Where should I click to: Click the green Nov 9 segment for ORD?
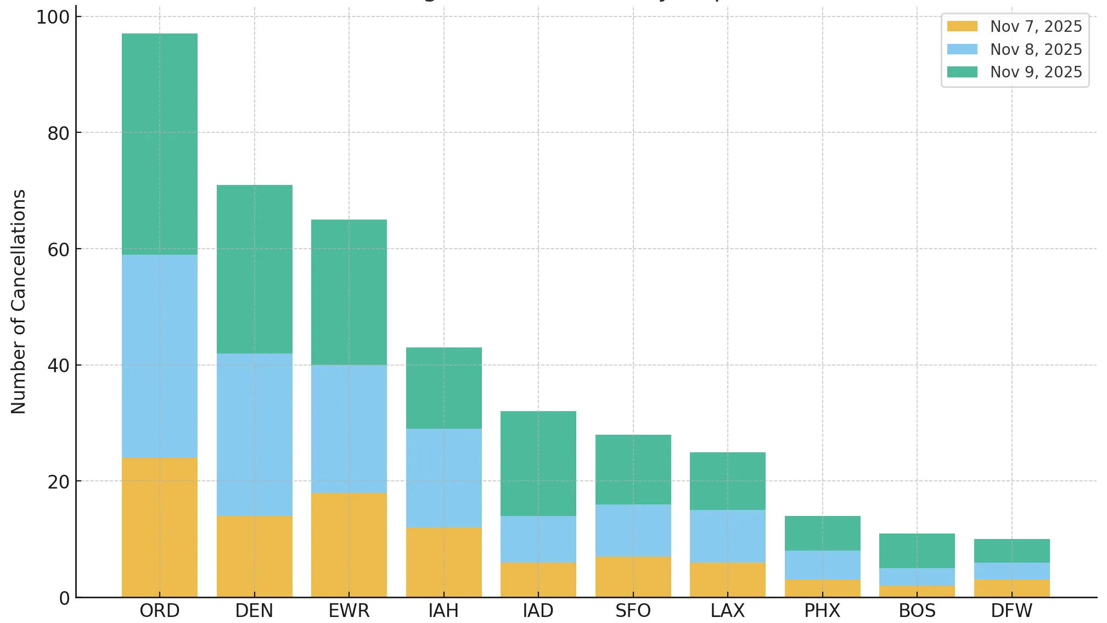(160, 144)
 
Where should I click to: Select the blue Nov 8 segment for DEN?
(255, 434)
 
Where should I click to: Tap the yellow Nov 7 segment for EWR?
(349, 545)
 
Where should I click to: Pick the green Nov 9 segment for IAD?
(538, 463)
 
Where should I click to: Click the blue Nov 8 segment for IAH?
(444, 478)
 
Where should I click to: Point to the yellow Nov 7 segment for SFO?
(633, 576)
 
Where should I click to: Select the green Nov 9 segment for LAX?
(728, 481)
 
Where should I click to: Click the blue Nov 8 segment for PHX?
(823, 565)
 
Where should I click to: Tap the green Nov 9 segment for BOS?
(917, 551)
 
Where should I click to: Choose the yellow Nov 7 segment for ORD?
(160, 527)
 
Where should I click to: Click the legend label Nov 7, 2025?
(1036, 26)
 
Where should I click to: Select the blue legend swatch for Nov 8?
(962, 49)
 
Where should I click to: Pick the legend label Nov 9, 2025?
(1036, 72)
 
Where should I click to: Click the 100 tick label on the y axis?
(53, 18)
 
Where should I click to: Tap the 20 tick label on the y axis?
(59, 482)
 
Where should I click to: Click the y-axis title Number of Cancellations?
(19, 301)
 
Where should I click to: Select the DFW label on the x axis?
(1012, 610)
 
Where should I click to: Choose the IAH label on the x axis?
(443, 610)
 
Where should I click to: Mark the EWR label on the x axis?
(349, 610)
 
